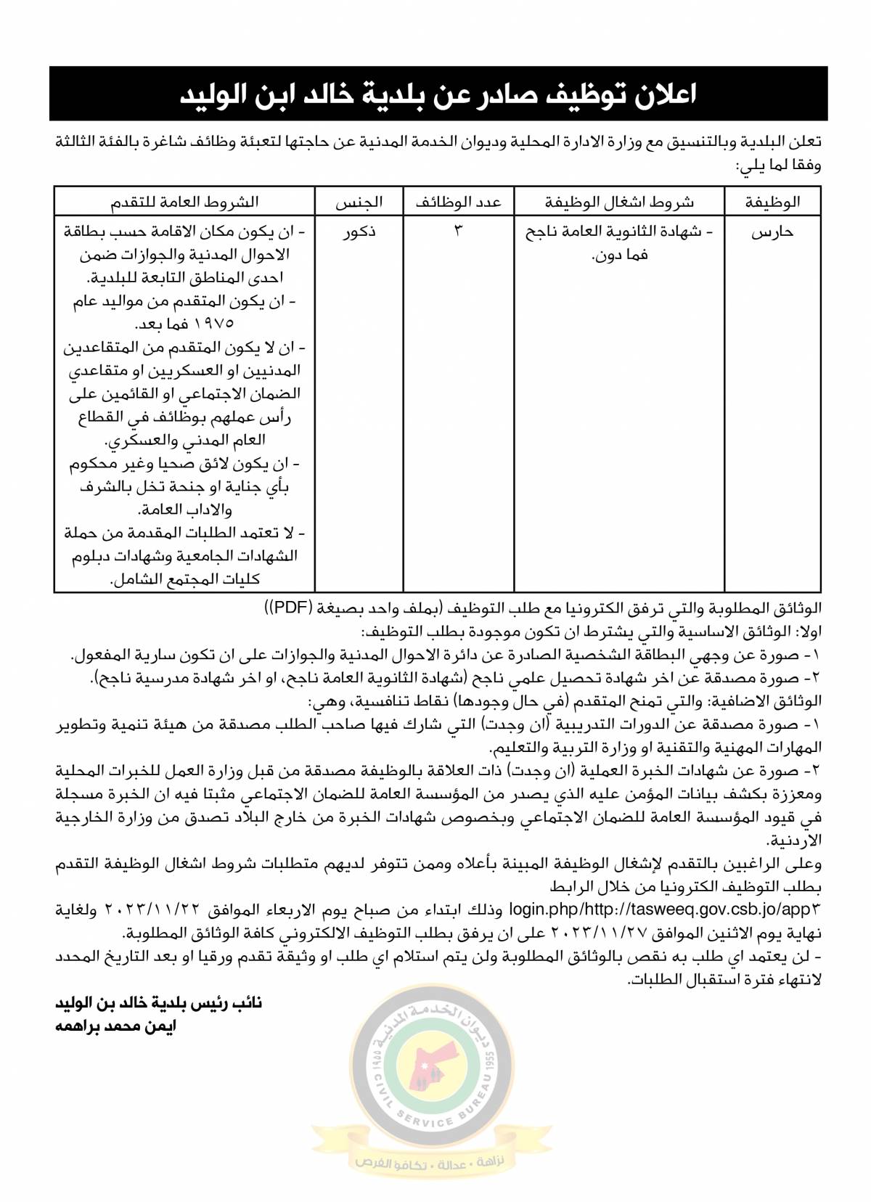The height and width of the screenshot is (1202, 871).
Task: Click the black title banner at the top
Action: click(x=438, y=94)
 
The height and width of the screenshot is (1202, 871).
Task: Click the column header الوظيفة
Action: click(x=772, y=202)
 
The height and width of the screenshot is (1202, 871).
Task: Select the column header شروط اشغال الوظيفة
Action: click(x=619, y=202)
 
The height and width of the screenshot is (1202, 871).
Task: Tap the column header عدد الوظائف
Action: click(x=458, y=202)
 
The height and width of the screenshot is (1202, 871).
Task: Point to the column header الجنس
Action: click(x=359, y=202)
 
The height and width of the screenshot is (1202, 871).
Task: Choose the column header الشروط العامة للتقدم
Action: click(x=184, y=202)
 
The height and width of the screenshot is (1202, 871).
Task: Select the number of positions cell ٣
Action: click(x=458, y=231)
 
